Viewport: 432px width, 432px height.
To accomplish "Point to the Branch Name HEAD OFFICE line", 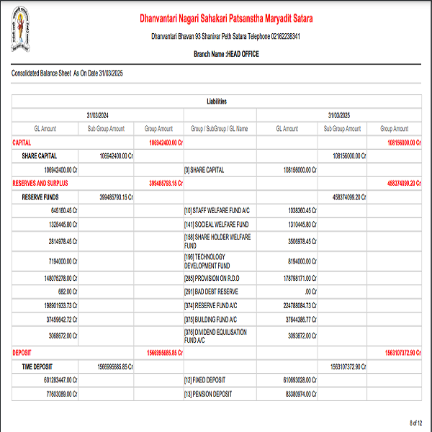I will coord(225,54).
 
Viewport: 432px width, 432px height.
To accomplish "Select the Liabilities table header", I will coord(216,102).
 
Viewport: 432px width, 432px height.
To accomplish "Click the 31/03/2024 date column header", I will coord(98,115).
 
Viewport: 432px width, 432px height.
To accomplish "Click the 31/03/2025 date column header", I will coord(338,115).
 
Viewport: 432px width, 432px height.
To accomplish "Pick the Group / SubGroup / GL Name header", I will coord(219,129).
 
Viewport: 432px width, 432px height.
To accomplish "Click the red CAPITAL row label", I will coord(22,143).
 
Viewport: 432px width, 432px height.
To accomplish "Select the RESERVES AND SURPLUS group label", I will coord(40,183).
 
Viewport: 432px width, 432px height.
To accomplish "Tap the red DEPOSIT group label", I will coord(23,353).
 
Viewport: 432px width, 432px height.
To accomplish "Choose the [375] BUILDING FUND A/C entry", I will coord(210,319).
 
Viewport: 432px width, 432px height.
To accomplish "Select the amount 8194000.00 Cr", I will coord(297,261).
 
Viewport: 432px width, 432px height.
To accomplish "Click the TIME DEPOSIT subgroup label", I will coord(42,366).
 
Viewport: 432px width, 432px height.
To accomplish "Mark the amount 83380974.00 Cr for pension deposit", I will coord(297,394).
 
